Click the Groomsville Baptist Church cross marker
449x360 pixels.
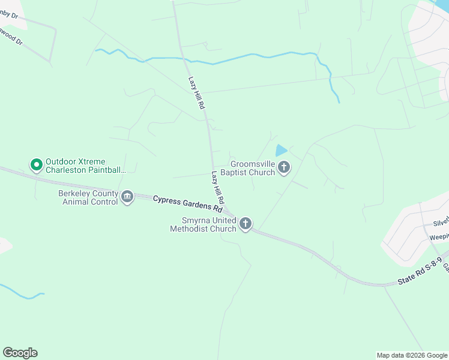[x=284, y=167]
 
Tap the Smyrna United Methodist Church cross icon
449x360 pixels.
[x=245, y=224]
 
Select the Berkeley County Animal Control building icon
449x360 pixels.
[x=127, y=197]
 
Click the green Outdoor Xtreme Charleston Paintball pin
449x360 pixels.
[x=36, y=164]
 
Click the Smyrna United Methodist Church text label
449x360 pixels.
[x=203, y=224]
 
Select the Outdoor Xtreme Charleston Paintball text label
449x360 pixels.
[x=86, y=166]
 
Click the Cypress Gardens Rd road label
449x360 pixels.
[x=186, y=205]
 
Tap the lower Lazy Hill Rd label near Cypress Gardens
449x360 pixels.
[x=217, y=187]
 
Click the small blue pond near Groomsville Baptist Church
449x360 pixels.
[x=280, y=151]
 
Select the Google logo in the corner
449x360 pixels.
[x=20, y=353]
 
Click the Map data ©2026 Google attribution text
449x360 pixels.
[x=412, y=355]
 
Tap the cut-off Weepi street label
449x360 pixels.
[x=439, y=237]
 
